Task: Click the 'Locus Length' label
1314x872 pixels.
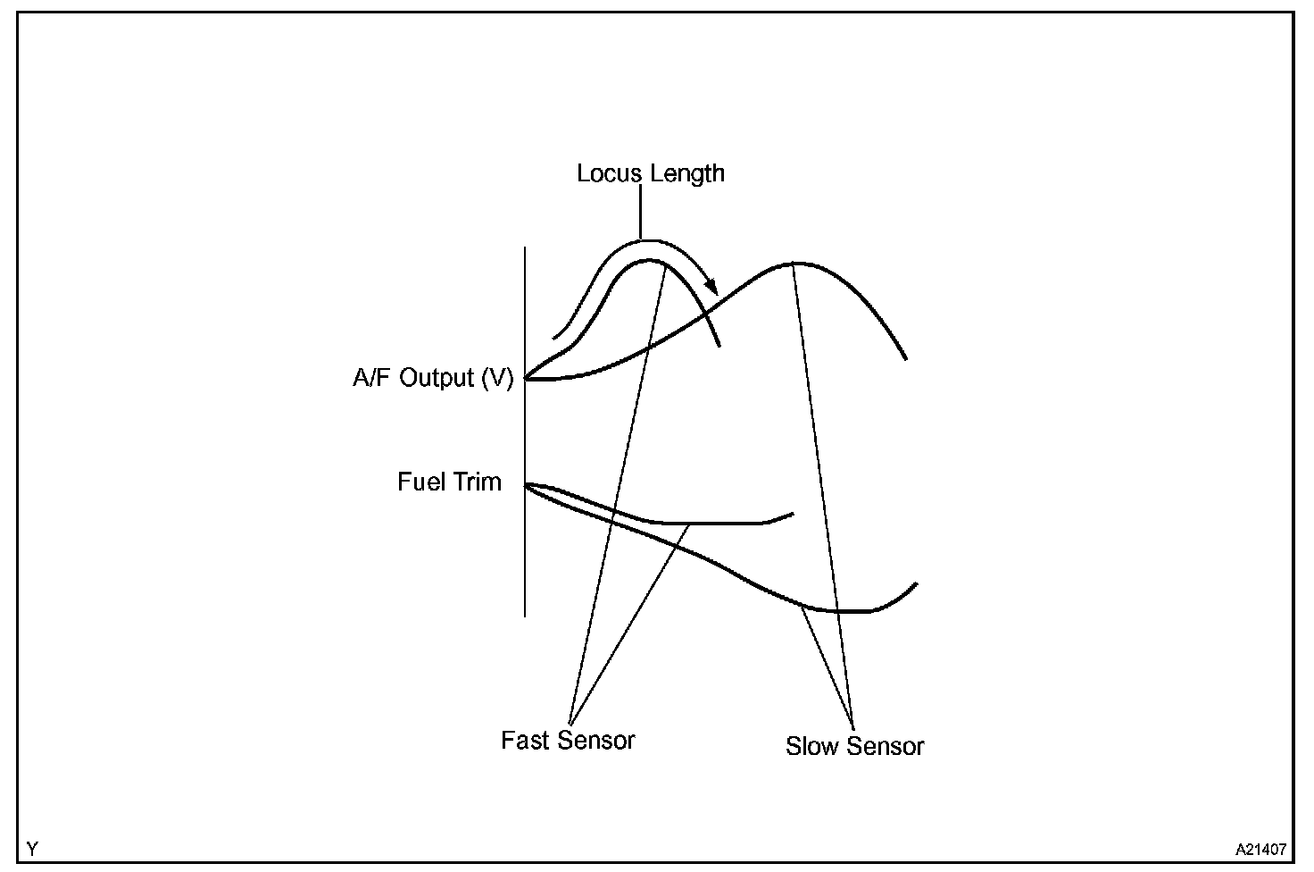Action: tap(650, 173)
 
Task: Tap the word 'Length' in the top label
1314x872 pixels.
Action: tap(687, 173)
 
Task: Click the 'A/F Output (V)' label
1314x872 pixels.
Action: tap(433, 379)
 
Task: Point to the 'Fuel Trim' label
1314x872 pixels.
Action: tap(449, 482)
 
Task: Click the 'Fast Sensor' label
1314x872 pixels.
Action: tap(568, 741)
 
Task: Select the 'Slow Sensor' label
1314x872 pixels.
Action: tap(854, 746)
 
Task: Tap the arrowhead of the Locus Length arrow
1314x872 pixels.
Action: tap(711, 287)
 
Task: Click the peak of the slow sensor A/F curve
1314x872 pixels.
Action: tap(794, 264)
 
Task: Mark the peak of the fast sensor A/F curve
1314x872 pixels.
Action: tap(652, 261)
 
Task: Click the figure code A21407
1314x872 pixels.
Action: tap(1260, 848)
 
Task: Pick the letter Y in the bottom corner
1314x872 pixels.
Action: tap(32, 848)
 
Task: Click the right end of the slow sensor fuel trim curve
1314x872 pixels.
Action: tap(916, 584)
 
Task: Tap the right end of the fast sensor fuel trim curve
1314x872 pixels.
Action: tap(793, 514)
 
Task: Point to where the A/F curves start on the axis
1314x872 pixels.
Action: tap(526, 379)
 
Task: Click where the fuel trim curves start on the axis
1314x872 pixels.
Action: tap(526, 484)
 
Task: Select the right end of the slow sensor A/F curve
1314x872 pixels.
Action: tap(906, 358)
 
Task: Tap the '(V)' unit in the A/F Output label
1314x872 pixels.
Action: tap(497, 379)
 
